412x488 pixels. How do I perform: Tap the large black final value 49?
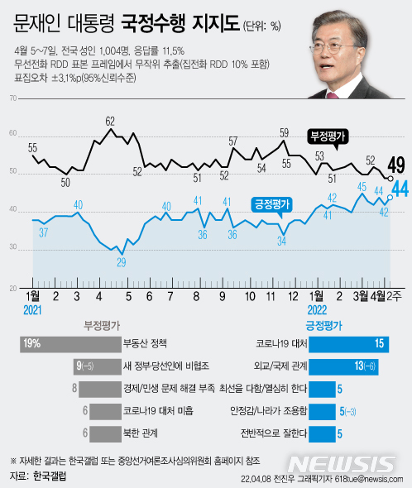click(x=395, y=164)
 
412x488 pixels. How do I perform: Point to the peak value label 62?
click(x=109, y=121)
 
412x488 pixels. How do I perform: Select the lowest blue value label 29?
click(x=122, y=262)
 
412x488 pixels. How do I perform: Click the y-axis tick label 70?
click(x=12, y=98)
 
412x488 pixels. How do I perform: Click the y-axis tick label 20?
click(x=12, y=289)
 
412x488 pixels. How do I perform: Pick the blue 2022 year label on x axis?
click(x=315, y=308)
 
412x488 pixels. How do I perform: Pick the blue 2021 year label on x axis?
click(x=33, y=308)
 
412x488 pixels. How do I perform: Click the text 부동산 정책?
click(x=144, y=342)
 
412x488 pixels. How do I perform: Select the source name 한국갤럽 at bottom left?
click(x=49, y=477)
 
